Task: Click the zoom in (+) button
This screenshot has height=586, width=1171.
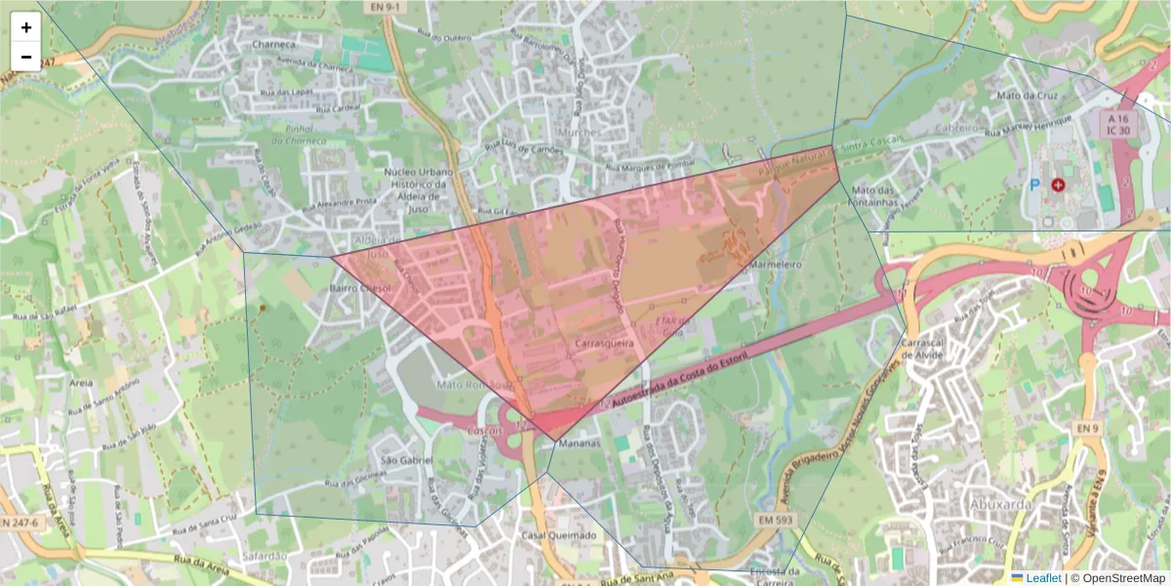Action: click(x=26, y=27)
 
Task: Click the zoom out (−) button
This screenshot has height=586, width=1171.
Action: click(x=26, y=57)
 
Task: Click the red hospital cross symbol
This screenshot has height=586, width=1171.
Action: click(x=1058, y=185)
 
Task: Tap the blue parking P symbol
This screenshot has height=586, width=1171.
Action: click(x=1034, y=184)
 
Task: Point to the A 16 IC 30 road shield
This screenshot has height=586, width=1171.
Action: click(x=1118, y=122)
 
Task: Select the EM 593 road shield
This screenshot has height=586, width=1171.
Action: click(x=771, y=522)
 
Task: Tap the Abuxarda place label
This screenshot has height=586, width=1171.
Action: click(x=1000, y=504)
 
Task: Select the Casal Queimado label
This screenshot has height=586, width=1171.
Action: click(x=558, y=535)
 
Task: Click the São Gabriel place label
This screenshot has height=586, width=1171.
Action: click(x=405, y=459)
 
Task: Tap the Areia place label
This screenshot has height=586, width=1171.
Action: click(x=81, y=384)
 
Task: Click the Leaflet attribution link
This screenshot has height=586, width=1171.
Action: click(x=1043, y=578)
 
